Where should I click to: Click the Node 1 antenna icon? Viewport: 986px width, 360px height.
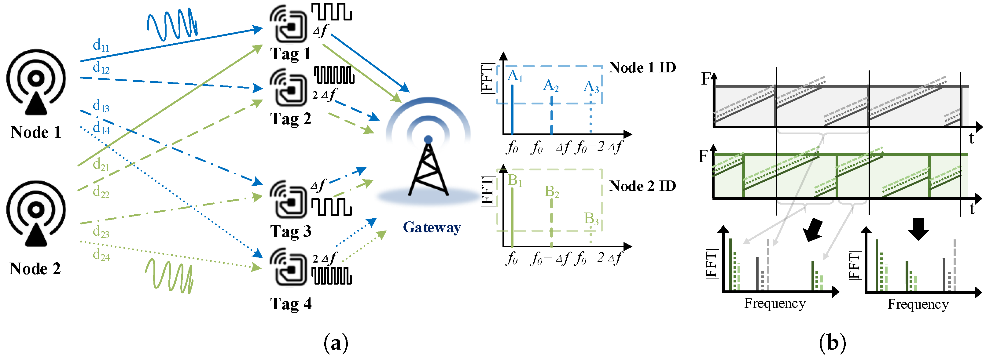pyautogui.click(x=36, y=82)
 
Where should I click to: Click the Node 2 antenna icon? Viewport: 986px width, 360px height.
pyautogui.click(x=36, y=213)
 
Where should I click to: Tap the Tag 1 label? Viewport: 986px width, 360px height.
pyautogui.click(x=291, y=54)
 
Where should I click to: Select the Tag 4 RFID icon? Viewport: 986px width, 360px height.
pyautogui.click(x=288, y=267)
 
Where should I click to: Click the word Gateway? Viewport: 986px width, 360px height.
pyautogui.click(x=432, y=227)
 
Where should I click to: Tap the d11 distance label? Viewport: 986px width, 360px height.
pyautogui.click(x=101, y=45)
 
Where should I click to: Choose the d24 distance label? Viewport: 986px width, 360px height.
pyautogui.click(x=101, y=254)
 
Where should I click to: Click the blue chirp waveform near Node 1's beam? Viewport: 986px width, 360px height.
pyautogui.click(x=173, y=24)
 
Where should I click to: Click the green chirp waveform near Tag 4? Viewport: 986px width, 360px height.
pyautogui.click(x=169, y=276)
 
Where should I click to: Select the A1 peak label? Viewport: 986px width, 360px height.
pyautogui.click(x=515, y=76)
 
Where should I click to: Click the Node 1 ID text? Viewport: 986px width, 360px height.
pyautogui.click(x=642, y=67)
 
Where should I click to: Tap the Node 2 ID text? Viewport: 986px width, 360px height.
pyautogui.click(x=642, y=186)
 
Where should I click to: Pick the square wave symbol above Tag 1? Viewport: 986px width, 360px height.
pyautogui.click(x=331, y=12)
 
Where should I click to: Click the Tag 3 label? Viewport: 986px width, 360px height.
pyautogui.click(x=291, y=231)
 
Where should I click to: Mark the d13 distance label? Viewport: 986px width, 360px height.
pyautogui.click(x=101, y=106)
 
